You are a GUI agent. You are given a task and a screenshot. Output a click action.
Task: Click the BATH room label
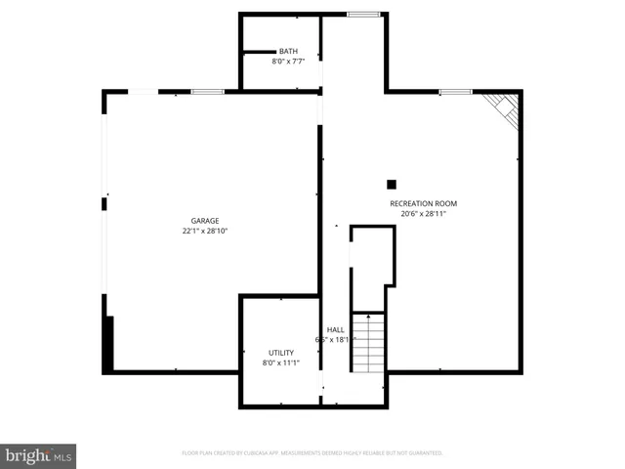pos(288,52)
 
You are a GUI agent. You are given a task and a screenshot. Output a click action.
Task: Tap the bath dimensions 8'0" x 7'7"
pos(288,62)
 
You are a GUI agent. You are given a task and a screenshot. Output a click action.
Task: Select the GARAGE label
pos(205,221)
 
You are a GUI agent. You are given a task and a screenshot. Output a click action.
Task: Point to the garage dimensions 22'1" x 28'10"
pos(205,232)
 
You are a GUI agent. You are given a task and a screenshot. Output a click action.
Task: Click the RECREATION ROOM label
pos(423,203)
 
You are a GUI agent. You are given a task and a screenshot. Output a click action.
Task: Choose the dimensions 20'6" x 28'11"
pos(423,214)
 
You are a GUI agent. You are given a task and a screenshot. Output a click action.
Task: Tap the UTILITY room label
pos(281,352)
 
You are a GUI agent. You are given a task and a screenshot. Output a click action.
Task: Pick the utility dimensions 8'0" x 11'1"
pos(281,362)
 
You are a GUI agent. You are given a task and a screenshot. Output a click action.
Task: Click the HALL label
pos(335,329)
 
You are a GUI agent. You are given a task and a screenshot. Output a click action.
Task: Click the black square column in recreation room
pos(392,184)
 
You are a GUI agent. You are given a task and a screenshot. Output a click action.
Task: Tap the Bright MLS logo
pos(39,455)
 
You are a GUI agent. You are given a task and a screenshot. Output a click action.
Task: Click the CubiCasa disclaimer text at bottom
pos(312,453)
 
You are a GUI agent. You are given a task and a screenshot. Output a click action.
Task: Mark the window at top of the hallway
pos(364,14)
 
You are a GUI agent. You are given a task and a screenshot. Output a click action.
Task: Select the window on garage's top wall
pos(207,92)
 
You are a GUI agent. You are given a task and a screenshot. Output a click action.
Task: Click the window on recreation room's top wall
pos(454,92)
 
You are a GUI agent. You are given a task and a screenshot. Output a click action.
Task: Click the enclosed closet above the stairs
pos(372,266)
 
